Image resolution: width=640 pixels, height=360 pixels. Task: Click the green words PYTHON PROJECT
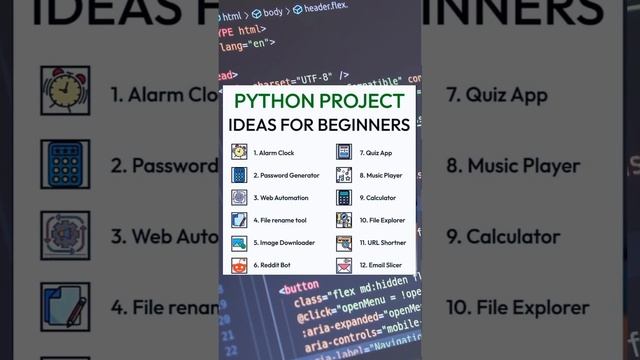point(320,102)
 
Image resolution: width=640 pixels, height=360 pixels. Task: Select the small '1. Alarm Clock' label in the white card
point(273,153)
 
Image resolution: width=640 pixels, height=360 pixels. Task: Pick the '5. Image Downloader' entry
point(285,243)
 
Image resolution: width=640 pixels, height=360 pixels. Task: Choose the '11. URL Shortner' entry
point(383,243)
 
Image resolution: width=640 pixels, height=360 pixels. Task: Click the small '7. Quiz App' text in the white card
point(376,153)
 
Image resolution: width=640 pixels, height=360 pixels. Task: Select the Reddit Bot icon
point(239,266)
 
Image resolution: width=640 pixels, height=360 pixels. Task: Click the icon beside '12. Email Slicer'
point(343,266)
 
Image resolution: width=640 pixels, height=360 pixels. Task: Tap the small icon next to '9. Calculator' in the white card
point(343,198)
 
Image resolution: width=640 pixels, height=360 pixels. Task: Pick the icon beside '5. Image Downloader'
point(239,243)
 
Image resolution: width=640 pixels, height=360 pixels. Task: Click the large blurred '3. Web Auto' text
point(165,237)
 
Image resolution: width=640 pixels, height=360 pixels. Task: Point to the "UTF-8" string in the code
point(306,74)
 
